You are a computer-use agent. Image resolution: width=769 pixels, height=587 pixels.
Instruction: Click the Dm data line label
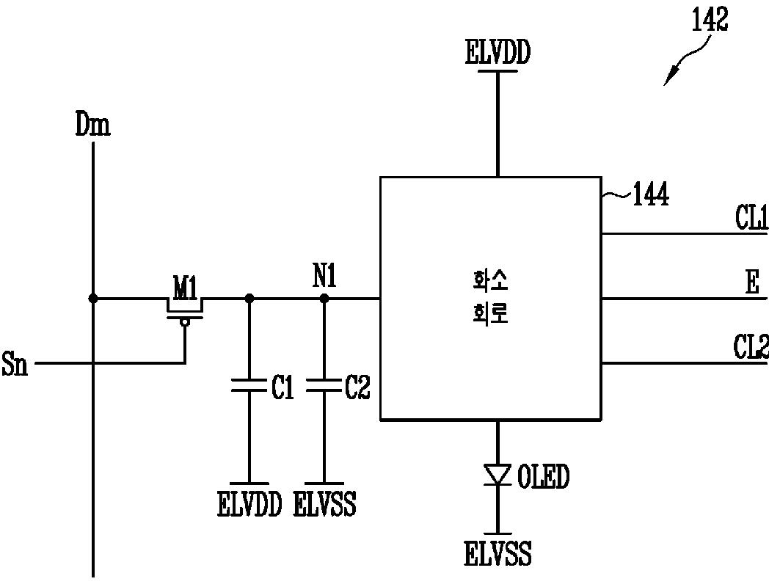(92, 124)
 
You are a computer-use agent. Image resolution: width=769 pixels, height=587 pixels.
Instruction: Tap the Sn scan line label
(15, 363)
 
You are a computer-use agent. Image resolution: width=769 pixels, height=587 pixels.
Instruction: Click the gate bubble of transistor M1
(185, 322)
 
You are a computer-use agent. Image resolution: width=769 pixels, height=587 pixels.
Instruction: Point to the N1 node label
(324, 276)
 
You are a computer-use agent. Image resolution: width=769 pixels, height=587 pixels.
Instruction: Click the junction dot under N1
(324, 298)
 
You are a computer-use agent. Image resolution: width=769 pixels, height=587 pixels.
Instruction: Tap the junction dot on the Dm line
(92, 298)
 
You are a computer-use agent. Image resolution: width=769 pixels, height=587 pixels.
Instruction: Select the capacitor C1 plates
(249, 385)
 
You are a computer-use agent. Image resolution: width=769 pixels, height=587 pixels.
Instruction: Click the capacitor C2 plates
(324, 385)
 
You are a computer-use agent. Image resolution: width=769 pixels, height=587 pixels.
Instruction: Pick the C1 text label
(283, 387)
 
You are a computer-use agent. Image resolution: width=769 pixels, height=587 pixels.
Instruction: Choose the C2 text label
(357, 387)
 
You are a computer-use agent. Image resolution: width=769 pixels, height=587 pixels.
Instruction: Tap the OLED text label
(544, 476)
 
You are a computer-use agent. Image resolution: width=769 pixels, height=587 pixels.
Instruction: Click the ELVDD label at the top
(498, 53)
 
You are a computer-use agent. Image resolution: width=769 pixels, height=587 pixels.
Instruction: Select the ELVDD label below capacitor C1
(249, 504)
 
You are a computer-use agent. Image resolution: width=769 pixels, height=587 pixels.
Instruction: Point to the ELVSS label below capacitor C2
(324, 504)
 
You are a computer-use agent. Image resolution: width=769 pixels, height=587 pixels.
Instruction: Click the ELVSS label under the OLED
(498, 554)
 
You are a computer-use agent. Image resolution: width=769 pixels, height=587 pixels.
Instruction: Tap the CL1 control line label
(751, 218)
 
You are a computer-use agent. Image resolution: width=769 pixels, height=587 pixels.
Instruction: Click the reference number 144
(651, 194)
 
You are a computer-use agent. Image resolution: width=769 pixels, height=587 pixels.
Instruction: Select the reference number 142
(710, 21)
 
